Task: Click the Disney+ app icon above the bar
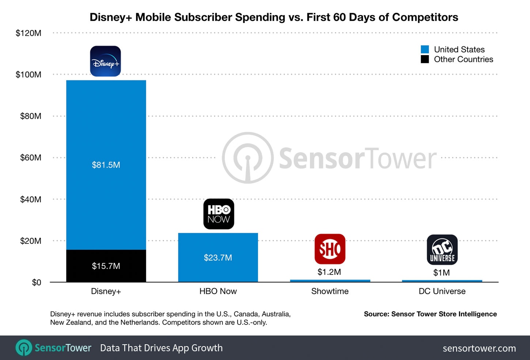(x=105, y=61)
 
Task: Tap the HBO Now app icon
(x=219, y=214)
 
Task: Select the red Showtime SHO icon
(x=330, y=249)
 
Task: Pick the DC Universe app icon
(x=442, y=250)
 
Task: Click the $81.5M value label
(x=106, y=165)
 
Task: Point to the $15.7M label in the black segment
(x=106, y=266)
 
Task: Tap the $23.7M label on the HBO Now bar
(x=218, y=258)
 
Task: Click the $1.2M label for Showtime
(x=329, y=272)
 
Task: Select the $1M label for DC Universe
(x=441, y=273)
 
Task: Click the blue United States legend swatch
(x=425, y=49)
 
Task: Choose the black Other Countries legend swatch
(x=425, y=59)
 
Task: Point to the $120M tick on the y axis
(x=29, y=33)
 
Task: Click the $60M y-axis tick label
(x=31, y=158)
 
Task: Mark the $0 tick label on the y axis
(x=37, y=283)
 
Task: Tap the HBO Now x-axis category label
(x=218, y=291)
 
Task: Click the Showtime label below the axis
(x=330, y=291)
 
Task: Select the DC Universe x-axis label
(x=442, y=291)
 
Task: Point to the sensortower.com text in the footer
(x=479, y=348)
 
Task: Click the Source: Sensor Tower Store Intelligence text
(x=430, y=314)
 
